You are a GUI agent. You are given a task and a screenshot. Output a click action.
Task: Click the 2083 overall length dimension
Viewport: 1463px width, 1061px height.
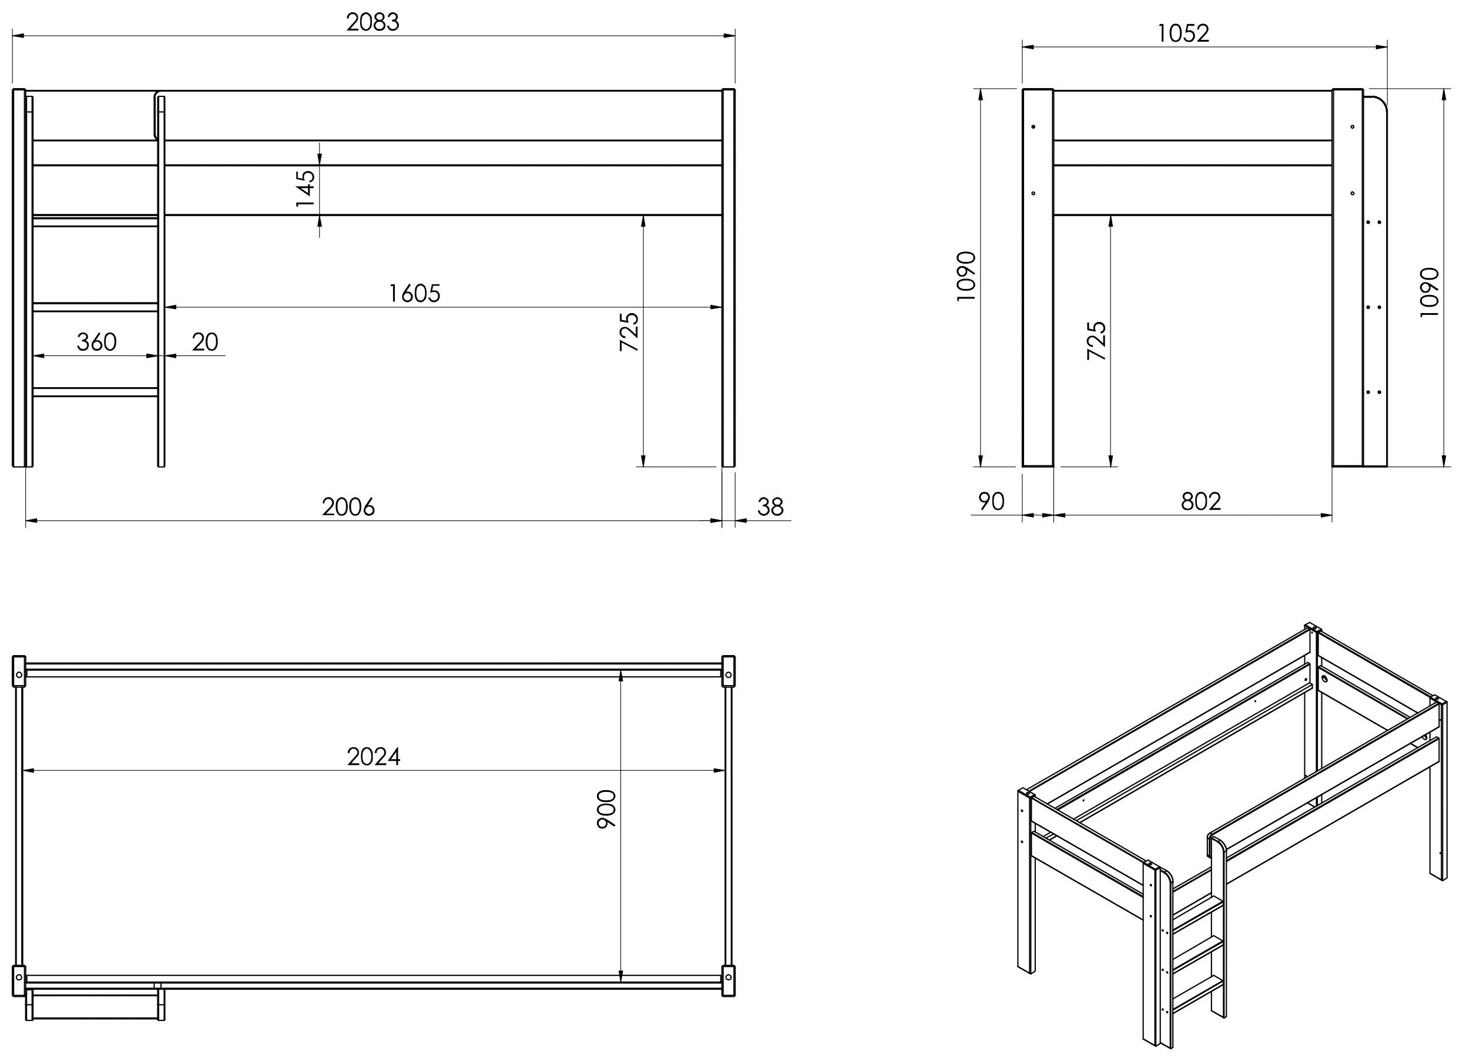click(373, 22)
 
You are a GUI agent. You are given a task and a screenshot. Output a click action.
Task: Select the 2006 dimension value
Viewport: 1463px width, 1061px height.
click(348, 508)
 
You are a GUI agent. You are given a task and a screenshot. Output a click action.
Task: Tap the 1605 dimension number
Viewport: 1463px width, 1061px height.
click(414, 294)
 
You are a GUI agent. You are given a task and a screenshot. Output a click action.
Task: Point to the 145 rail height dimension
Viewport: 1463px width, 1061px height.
click(306, 189)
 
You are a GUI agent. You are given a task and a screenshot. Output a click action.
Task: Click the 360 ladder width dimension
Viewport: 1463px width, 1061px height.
click(97, 342)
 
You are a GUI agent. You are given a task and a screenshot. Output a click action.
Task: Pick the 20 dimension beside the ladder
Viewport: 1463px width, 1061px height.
click(205, 342)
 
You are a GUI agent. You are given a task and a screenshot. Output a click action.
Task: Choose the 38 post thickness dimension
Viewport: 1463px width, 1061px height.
click(770, 508)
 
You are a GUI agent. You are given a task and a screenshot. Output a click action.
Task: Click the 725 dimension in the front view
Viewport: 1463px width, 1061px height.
click(629, 331)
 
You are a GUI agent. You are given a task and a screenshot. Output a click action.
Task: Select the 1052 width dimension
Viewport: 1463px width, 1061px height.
click(1183, 33)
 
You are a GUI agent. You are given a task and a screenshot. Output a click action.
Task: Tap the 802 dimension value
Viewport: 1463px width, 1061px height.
click(1201, 502)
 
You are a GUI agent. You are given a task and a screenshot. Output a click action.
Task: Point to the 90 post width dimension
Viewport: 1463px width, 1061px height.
click(991, 502)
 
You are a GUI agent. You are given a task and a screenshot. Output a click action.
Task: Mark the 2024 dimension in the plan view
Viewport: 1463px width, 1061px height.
click(374, 757)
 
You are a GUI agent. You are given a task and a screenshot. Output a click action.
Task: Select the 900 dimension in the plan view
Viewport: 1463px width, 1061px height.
click(606, 809)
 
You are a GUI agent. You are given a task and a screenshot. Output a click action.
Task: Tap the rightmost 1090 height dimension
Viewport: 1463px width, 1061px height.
click(1430, 291)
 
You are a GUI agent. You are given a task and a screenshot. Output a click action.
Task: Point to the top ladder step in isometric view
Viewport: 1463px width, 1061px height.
click(1198, 911)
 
